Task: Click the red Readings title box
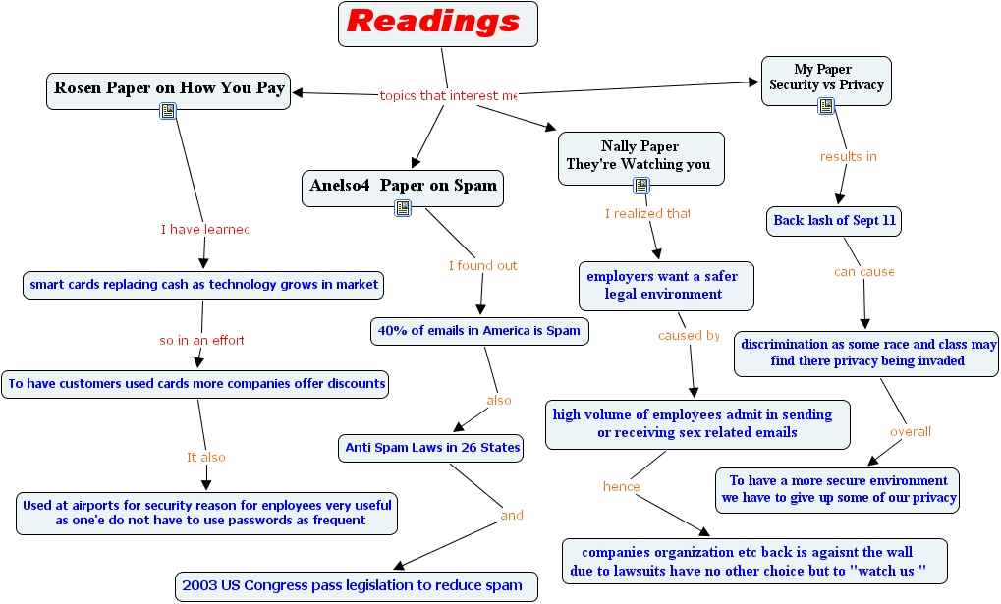pos(438,24)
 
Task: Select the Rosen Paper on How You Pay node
pos(169,88)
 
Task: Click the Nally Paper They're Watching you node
pos(640,155)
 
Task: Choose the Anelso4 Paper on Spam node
pos(403,186)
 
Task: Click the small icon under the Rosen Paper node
pos(168,112)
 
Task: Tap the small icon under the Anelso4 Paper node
pos(403,207)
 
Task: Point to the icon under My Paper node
pos(826,106)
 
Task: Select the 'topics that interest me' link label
pos(447,96)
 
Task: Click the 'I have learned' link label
pos(204,230)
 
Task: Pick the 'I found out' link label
pos(482,265)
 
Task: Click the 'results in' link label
pos(848,156)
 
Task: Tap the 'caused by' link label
pos(689,335)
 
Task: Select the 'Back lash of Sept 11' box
pos(834,221)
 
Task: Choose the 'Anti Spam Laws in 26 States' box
pos(432,448)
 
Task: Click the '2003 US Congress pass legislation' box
pos(357,586)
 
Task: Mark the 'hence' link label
pos(621,487)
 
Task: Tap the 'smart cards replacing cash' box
pos(203,285)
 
